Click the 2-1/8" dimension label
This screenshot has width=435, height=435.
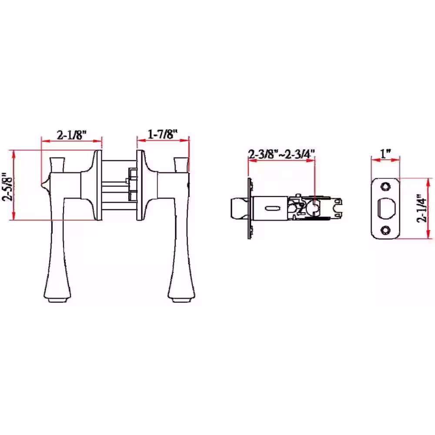(72, 135)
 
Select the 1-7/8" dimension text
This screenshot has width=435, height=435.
(163, 134)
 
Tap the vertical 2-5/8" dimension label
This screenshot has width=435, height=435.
(7, 187)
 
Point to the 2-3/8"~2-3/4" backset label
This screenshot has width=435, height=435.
(281, 154)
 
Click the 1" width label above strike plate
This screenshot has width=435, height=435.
(385, 154)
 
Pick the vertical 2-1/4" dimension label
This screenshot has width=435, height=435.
(422, 208)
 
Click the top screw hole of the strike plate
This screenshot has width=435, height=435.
(385, 187)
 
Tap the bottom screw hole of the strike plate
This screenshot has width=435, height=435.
(385, 230)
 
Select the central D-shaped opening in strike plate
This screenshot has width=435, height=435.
(385, 208)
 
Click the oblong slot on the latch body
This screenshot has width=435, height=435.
(272, 208)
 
